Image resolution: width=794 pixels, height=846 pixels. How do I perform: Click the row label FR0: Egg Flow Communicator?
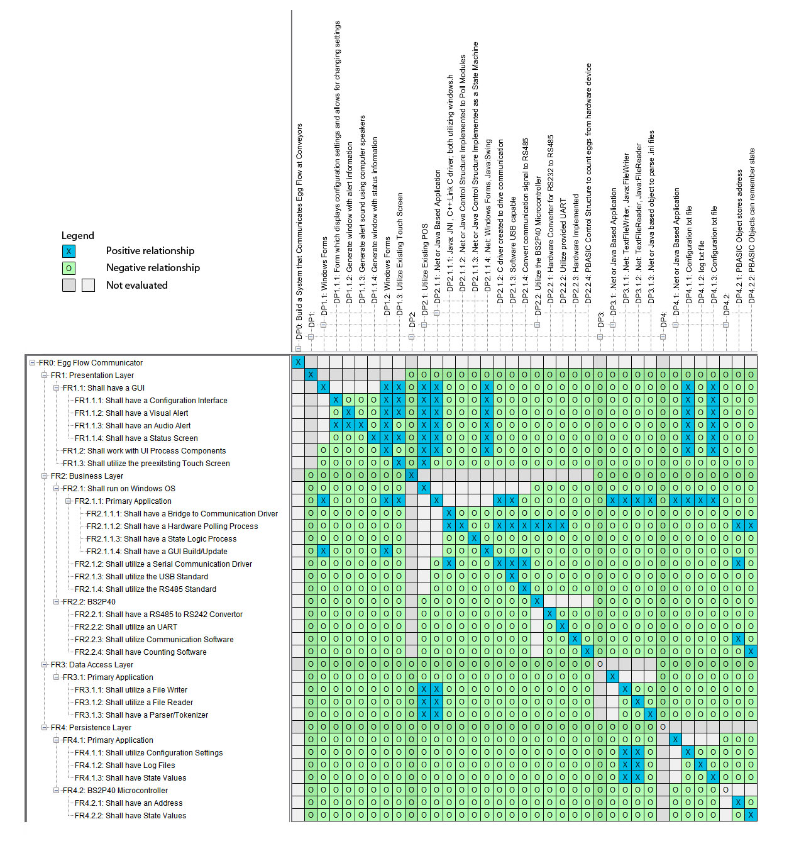pos(91,363)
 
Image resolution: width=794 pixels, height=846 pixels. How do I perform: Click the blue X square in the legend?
pos(69,251)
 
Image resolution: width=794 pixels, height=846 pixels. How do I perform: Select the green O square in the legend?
pos(69,268)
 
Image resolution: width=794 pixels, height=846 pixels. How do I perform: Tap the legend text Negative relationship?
pos(153,268)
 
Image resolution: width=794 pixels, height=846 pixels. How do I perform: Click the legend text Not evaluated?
pos(136,286)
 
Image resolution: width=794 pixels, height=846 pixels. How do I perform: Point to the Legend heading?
pos(77,236)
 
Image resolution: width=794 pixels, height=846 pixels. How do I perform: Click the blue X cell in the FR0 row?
pos(298,362)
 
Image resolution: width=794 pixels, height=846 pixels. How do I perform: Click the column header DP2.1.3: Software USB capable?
pos(512,252)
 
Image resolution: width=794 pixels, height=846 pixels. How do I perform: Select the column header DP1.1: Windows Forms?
pos(324,277)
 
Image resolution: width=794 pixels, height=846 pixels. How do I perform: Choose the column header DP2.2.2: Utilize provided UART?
pos(563,252)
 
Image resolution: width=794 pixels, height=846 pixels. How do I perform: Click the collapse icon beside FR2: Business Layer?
pos(45,476)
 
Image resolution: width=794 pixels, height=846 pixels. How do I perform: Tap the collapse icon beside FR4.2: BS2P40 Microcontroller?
pos(57,791)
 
